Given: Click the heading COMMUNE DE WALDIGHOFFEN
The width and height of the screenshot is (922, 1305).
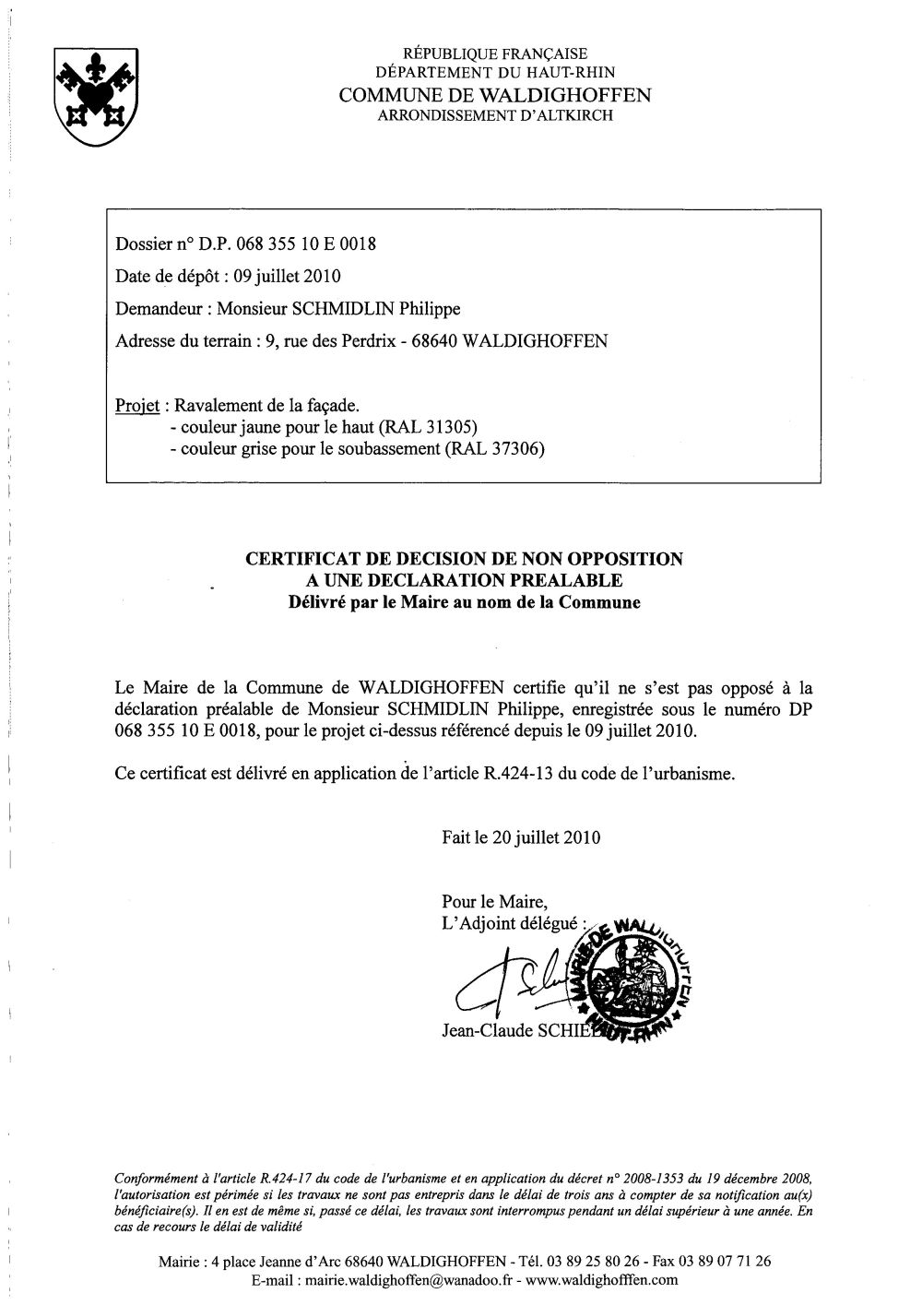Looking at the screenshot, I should (494, 95).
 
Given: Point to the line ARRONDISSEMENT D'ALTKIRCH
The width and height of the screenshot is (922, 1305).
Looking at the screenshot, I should (494, 115).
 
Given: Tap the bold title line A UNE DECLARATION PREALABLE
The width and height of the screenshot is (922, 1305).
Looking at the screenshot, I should (464, 580).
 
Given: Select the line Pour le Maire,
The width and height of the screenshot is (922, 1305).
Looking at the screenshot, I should (495, 901).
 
